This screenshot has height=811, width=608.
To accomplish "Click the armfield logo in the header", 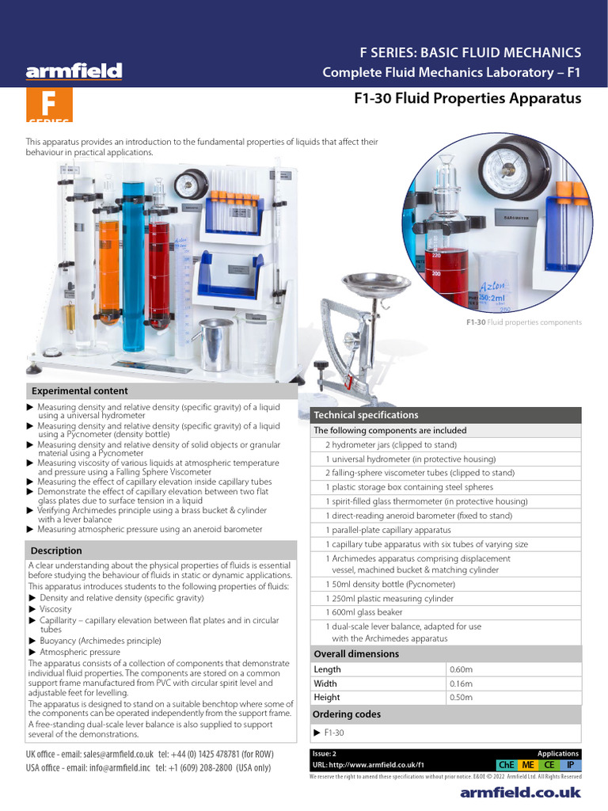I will pyautogui.click(x=74, y=72).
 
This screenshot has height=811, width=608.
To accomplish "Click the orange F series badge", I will pyautogui.click(x=49, y=105).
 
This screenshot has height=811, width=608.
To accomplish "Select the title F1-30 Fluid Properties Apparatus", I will pyautogui.click(x=466, y=99).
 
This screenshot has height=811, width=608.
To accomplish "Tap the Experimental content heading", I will pyautogui.click(x=79, y=390).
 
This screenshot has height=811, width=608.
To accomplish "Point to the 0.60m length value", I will pyautogui.click(x=462, y=669).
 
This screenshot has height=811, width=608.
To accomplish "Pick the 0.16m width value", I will pyautogui.click(x=462, y=683).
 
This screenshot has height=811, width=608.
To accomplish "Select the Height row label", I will pyautogui.click(x=326, y=698).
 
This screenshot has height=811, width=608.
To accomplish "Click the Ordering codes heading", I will pyautogui.click(x=348, y=714).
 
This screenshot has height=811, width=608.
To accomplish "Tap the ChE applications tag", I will pyautogui.click(x=505, y=765).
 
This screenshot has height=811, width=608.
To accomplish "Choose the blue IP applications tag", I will pyautogui.click(x=571, y=765).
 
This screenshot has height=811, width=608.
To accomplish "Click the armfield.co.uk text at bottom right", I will pyautogui.click(x=520, y=792).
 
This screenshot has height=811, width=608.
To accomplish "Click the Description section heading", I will pyautogui.click(x=55, y=550).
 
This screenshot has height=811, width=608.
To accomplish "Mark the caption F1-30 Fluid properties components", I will pyautogui.click(x=522, y=322).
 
